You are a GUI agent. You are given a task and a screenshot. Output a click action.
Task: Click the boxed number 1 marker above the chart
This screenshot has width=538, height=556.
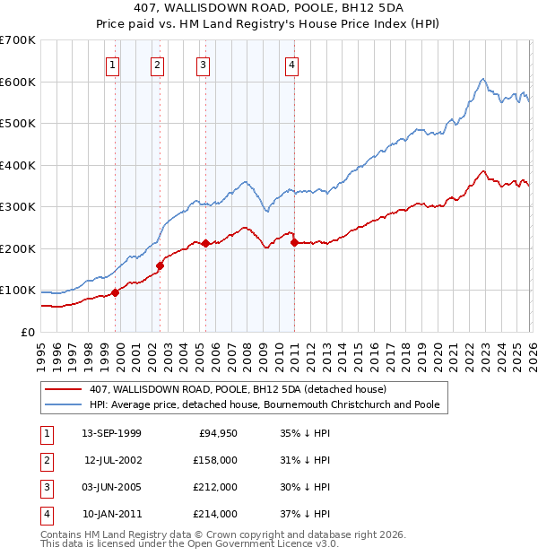pos(113,65)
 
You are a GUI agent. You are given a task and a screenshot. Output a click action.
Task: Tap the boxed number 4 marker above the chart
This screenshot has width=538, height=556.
pos(292,65)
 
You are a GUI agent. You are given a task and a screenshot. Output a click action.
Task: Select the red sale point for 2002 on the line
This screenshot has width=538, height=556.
pos(160,265)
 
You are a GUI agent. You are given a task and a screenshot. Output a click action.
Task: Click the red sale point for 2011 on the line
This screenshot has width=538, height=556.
pos(294,242)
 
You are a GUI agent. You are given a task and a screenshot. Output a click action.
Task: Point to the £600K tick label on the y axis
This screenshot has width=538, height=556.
pos(18,82)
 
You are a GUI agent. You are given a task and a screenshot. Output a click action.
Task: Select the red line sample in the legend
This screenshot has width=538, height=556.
pos(64,390)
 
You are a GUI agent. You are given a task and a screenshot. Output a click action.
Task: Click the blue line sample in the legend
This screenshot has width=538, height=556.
pos(64,405)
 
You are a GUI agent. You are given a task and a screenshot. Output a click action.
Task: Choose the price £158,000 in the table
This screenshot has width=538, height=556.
pos(216,460)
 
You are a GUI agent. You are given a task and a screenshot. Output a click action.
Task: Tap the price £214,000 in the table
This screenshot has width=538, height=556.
pos(216,514)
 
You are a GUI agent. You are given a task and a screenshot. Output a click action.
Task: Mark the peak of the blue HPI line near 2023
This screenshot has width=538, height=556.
pos(482,79)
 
